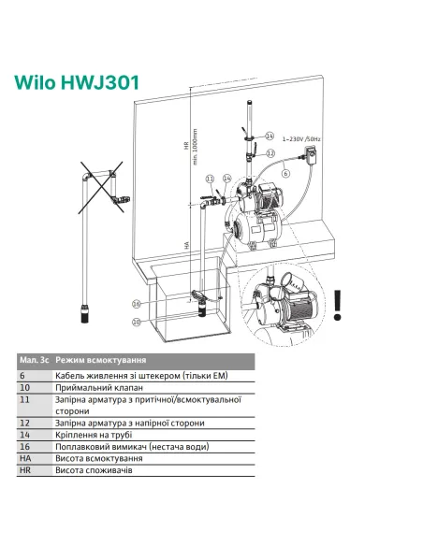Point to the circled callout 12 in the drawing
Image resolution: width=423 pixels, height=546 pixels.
click(270, 151)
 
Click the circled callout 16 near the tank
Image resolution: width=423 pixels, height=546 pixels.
click(137, 304)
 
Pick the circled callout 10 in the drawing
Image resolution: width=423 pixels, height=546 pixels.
click(137, 322)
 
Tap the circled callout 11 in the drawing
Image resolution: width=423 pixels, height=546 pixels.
click(211, 177)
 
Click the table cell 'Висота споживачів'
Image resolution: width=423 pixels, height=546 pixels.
click(94, 471)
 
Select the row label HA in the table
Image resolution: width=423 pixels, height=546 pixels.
click(25, 459)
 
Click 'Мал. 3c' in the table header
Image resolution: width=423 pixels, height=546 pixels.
click(33, 360)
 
